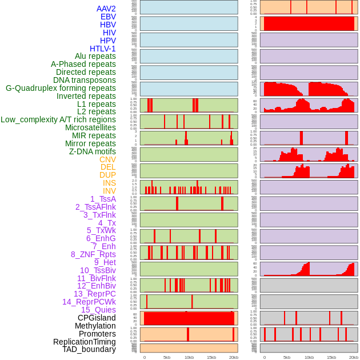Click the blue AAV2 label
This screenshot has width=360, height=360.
[106, 9]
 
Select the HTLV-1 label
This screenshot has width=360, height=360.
[102, 49]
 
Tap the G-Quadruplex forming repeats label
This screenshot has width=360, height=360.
[61, 88]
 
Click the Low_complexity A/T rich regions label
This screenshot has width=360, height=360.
[58, 119]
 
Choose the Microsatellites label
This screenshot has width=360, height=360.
[90, 127]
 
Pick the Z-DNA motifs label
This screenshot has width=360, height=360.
[92, 151]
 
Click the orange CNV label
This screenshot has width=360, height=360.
[107, 159]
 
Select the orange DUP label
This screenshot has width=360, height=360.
[107, 175]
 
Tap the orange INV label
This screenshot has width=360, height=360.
[109, 191]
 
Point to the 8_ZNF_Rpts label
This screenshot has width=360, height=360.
[93, 254]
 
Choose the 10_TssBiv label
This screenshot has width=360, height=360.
[98, 270]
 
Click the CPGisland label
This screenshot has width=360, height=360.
[97, 318]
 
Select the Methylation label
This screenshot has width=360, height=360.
[95, 326]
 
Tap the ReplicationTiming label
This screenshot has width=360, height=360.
[85, 342]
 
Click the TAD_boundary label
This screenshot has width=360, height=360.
[89, 349]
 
